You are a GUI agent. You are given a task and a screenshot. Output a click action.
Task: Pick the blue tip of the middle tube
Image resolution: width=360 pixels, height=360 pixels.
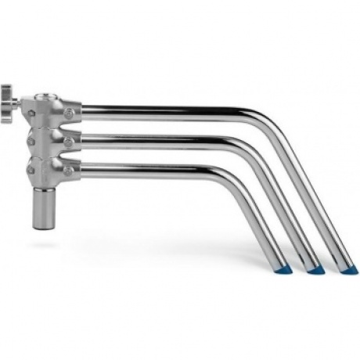(316, 269)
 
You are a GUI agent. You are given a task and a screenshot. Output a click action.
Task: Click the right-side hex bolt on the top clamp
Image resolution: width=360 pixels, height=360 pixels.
(72, 115)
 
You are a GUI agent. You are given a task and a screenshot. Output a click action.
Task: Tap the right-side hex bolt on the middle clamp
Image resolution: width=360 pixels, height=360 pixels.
(72, 141)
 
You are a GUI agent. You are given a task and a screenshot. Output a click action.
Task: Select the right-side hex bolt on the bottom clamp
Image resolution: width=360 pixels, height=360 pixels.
(72, 167)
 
